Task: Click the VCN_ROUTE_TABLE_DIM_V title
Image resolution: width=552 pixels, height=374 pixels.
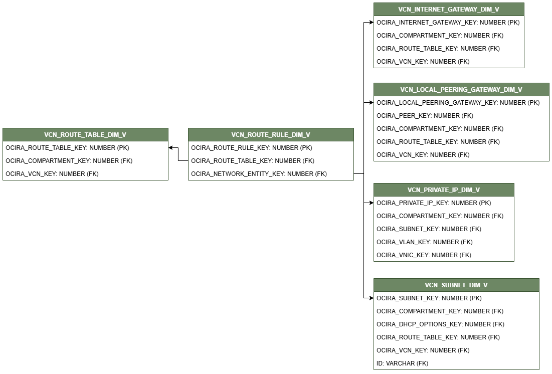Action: click(x=85, y=135)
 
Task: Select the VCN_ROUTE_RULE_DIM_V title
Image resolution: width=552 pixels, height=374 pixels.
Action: click(x=271, y=135)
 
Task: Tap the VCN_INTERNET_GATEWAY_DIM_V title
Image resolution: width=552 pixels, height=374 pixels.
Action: click(x=449, y=10)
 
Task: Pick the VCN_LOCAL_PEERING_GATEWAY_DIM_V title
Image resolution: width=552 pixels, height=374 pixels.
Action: click(x=461, y=90)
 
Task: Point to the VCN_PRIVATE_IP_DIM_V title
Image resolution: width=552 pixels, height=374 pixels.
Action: click(x=444, y=190)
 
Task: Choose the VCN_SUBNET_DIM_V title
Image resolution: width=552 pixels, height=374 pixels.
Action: click(x=456, y=285)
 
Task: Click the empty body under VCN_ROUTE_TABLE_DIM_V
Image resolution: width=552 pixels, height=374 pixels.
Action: click(x=85, y=160)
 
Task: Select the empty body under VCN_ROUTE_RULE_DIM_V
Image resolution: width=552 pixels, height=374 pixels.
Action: click(x=271, y=160)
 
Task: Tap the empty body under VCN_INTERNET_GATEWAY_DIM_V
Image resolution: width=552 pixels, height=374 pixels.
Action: click(x=449, y=42)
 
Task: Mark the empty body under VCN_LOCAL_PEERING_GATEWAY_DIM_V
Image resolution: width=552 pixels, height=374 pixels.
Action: click(x=461, y=128)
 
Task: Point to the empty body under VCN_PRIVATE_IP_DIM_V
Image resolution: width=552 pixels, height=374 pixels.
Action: click(x=444, y=229)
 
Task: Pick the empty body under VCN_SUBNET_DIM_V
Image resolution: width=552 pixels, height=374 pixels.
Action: click(x=456, y=330)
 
